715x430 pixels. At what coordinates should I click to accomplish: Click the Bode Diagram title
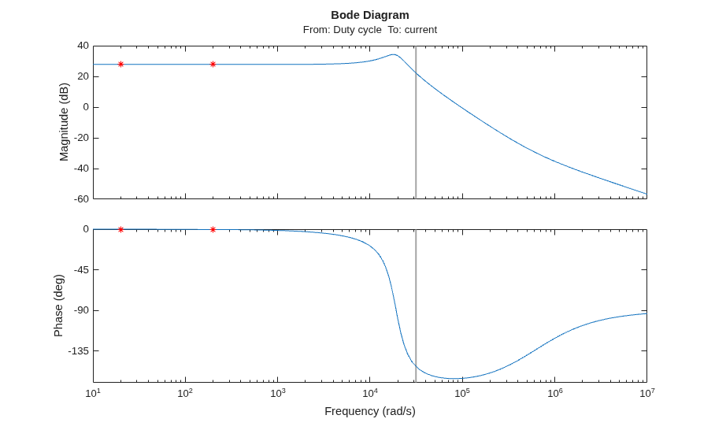click(x=370, y=15)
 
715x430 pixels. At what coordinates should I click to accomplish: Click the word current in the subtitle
click(x=420, y=30)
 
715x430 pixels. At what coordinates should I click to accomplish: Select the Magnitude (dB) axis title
click(x=64, y=122)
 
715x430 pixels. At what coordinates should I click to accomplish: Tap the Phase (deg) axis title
click(x=58, y=306)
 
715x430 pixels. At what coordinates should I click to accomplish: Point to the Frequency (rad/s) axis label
click(x=370, y=411)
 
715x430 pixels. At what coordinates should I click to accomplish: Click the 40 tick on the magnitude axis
click(x=83, y=46)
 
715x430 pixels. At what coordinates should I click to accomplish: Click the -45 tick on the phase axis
click(x=80, y=269)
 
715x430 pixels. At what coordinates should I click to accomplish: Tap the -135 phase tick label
click(x=79, y=350)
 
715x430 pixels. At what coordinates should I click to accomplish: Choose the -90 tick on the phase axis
click(x=80, y=310)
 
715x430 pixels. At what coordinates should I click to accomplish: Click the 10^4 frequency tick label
click(x=369, y=393)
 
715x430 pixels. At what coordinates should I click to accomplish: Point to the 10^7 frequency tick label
click(x=646, y=393)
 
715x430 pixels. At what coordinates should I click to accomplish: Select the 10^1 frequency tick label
click(x=93, y=393)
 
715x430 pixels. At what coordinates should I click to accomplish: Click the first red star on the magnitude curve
click(x=120, y=65)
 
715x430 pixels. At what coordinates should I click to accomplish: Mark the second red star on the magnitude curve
click(x=213, y=65)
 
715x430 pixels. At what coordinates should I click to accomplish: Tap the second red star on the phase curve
click(x=213, y=229)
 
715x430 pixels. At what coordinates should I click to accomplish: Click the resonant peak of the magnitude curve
click(x=394, y=54)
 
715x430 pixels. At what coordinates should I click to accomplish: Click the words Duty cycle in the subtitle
click(x=357, y=30)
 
